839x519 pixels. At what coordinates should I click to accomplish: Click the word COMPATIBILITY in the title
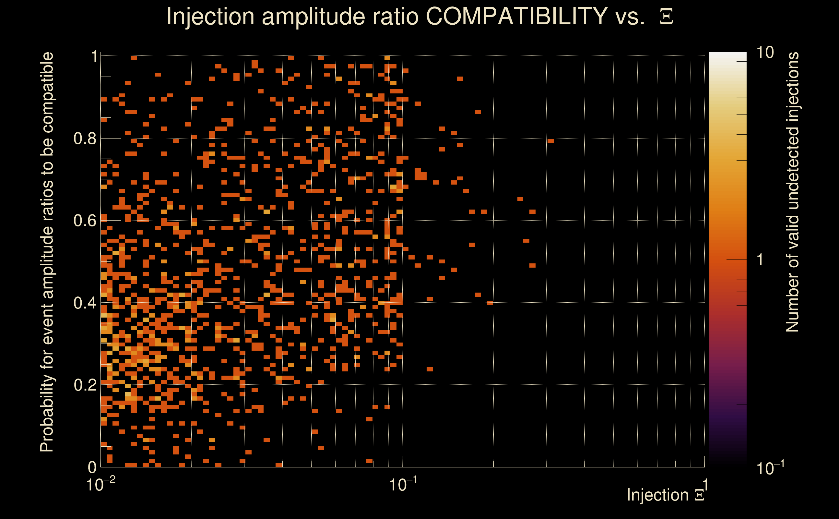pyautogui.click(x=516, y=16)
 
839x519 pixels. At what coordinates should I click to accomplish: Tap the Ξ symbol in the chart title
pyautogui.click(x=666, y=17)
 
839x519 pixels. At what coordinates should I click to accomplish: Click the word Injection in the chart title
pyautogui.click(x=210, y=17)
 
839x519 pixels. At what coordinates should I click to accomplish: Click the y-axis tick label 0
pyautogui.click(x=92, y=467)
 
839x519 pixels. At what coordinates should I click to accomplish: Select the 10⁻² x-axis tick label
pyautogui.click(x=100, y=485)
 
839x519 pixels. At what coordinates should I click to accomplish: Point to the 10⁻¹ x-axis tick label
pyautogui.click(x=403, y=485)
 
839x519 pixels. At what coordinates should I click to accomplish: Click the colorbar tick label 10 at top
pyautogui.click(x=765, y=53)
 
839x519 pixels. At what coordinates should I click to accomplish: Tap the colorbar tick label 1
pyautogui.click(x=760, y=260)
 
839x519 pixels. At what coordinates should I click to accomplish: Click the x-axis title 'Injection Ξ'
pyautogui.click(x=666, y=495)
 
